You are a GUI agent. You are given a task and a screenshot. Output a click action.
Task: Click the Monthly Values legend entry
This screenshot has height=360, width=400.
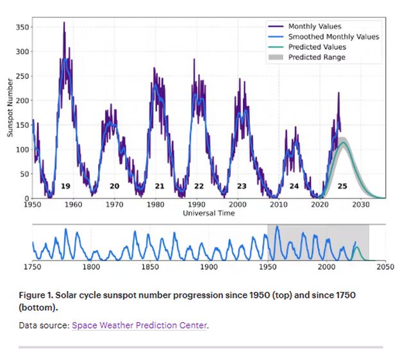click(x=310, y=26)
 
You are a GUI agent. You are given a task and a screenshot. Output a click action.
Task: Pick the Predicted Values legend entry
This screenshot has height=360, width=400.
click(x=317, y=47)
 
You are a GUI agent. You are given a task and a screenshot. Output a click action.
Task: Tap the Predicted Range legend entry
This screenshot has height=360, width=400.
click(x=316, y=57)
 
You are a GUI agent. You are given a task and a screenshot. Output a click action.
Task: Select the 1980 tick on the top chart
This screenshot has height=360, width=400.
click(x=156, y=205)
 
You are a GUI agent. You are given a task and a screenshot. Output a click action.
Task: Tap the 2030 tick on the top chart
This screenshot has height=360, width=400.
click(x=360, y=205)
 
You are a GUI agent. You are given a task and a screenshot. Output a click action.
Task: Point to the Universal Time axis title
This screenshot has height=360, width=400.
click(x=208, y=213)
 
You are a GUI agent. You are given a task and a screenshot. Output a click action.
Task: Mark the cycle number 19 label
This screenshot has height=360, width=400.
click(x=65, y=186)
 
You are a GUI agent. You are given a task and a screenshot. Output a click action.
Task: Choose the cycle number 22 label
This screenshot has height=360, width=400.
click(x=199, y=186)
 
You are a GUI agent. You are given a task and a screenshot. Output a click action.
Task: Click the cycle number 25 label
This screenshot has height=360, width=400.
click(x=342, y=186)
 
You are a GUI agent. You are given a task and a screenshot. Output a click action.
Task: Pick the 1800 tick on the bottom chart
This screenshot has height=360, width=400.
click(x=92, y=266)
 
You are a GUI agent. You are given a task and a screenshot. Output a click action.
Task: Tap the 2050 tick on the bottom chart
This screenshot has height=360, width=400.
click(x=385, y=266)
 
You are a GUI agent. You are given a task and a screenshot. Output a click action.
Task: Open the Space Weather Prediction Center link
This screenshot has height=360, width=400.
click(x=139, y=325)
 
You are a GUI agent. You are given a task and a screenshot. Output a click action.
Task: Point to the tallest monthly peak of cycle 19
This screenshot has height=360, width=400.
click(x=63, y=23)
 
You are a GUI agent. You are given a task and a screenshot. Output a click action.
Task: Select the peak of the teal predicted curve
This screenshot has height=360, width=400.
click(x=344, y=143)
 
